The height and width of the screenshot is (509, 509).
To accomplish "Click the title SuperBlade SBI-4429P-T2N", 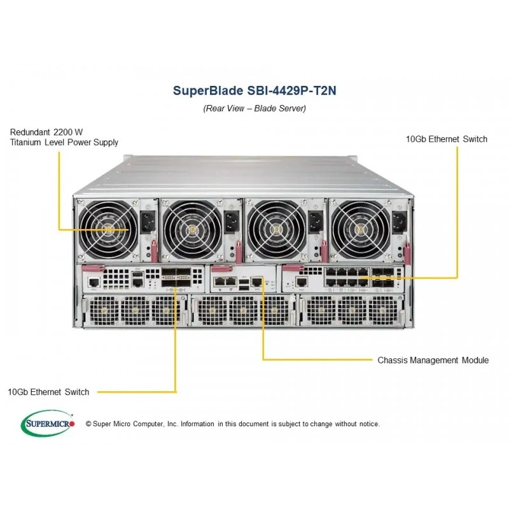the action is pyautogui.click(x=254, y=90).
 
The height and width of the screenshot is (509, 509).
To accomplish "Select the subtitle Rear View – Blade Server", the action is pyautogui.click(x=254, y=108).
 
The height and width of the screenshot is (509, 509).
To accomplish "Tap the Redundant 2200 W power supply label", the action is pyautogui.click(x=64, y=137).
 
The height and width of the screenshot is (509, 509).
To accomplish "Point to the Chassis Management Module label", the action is pyautogui.click(x=433, y=360).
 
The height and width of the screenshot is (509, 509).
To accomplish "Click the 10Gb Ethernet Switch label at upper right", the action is pyautogui.click(x=447, y=139).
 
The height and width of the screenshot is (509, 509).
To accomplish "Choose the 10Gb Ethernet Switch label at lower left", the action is pyautogui.click(x=48, y=392).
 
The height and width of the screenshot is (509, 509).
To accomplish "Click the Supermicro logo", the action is pyautogui.click(x=48, y=423).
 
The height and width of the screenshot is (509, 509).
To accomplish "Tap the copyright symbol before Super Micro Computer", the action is pyautogui.click(x=88, y=424).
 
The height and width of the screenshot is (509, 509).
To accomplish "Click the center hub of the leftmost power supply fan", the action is pyautogui.click(x=108, y=230).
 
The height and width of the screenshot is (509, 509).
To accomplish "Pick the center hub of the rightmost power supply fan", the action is pyautogui.click(x=359, y=230).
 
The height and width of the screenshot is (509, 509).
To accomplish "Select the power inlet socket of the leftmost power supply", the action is pyautogui.click(x=148, y=221).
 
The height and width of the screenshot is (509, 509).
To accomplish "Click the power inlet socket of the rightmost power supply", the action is pyautogui.click(x=400, y=222).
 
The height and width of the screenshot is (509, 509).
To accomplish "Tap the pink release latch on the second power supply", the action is pyautogui.click(x=239, y=251).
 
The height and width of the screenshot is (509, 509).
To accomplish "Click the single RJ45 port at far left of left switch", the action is pyautogui.click(x=94, y=282).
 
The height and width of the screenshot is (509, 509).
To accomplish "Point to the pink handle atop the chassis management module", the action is pyautogui.click(x=221, y=268).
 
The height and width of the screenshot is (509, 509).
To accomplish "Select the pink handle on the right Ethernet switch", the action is pyautogui.click(x=293, y=268).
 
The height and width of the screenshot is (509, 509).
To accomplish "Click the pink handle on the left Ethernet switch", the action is pyautogui.click(x=93, y=268).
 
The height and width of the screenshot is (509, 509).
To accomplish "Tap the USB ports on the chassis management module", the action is pyautogui.click(x=244, y=284).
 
